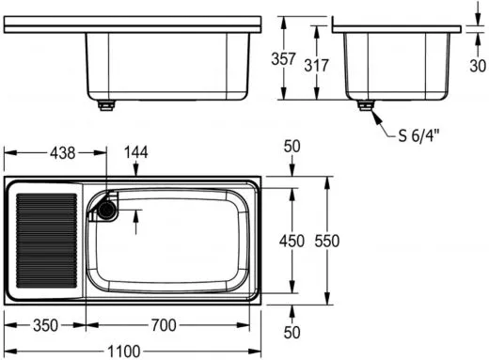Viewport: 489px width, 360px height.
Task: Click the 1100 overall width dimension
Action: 124,352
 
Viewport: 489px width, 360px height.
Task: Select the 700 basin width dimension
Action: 164,325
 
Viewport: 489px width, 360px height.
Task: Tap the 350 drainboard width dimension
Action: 46,325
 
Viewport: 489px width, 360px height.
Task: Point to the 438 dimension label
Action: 63,153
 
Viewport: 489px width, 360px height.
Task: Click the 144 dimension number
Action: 136,152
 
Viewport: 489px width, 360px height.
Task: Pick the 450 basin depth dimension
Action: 292,241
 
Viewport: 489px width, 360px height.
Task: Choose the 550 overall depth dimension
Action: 327,241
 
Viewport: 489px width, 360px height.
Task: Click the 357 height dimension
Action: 283,59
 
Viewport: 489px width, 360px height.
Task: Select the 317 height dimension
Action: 316,65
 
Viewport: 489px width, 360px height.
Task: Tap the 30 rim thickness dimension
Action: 478,66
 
